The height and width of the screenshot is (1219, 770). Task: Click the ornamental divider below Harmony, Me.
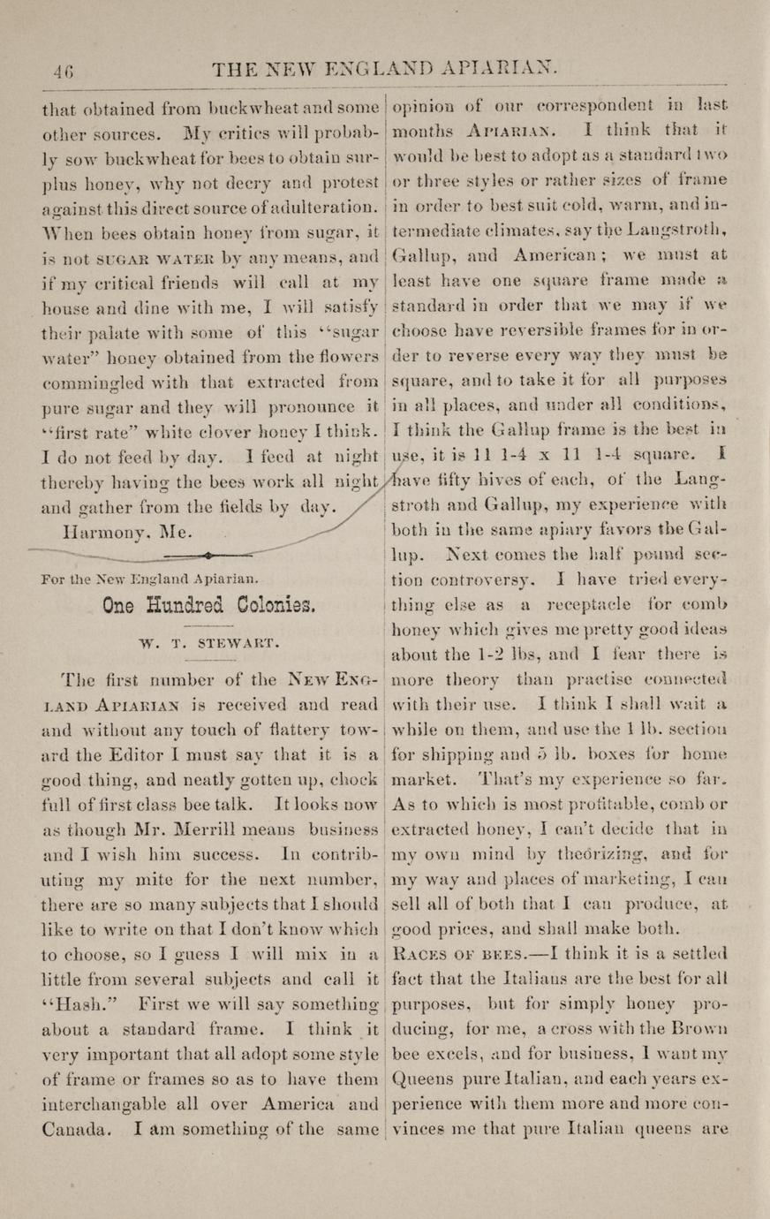(x=205, y=556)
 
